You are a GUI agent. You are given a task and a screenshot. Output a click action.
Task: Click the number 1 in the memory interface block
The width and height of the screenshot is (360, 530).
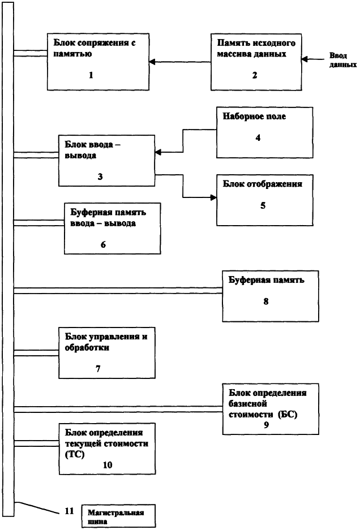(x=91, y=75)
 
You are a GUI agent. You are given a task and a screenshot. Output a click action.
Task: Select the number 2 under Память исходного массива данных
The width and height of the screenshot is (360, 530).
(x=255, y=75)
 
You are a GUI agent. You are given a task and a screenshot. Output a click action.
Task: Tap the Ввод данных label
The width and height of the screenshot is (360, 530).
(x=343, y=60)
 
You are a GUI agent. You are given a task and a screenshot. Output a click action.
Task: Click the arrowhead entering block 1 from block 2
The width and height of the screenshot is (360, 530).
(x=152, y=62)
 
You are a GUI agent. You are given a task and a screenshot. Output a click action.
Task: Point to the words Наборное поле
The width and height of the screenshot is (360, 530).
(x=254, y=117)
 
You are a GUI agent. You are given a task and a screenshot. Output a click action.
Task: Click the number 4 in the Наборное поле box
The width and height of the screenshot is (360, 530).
(x=258, y=137)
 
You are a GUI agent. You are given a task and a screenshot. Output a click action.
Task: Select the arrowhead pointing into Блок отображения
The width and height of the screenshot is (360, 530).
(x=213, y=197)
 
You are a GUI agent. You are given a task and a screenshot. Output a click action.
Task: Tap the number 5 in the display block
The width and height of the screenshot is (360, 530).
(x=263, y=205)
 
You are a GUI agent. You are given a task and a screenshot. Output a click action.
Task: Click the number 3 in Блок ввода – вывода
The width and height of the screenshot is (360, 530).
(x=100, y=176)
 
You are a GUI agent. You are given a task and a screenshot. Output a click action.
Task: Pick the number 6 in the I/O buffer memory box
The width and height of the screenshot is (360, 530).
(x=103, y=244)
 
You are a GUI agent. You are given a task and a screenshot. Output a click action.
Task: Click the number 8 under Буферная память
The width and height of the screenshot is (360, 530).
(x=266, y=301)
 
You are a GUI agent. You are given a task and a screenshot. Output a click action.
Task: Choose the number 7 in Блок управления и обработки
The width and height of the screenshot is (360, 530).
(x=98, y=369)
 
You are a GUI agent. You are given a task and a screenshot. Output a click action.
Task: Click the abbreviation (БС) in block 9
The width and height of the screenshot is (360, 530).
(x=288, y=415)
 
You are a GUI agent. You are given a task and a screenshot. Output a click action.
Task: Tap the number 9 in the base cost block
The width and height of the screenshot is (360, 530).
(x=266, y=425)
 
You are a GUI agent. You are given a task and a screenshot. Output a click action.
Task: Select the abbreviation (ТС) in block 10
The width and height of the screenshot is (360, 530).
(x=75, y=454)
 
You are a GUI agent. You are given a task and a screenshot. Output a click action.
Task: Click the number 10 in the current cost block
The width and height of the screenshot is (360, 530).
(x=107, y=465)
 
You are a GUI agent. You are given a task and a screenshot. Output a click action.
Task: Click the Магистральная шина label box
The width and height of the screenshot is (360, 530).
(x=118, y=516)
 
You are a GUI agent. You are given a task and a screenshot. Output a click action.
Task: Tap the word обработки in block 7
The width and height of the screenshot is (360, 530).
(x=87, y=347)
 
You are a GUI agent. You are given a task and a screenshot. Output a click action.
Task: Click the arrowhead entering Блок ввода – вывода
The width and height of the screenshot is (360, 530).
(x=158, y=153)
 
